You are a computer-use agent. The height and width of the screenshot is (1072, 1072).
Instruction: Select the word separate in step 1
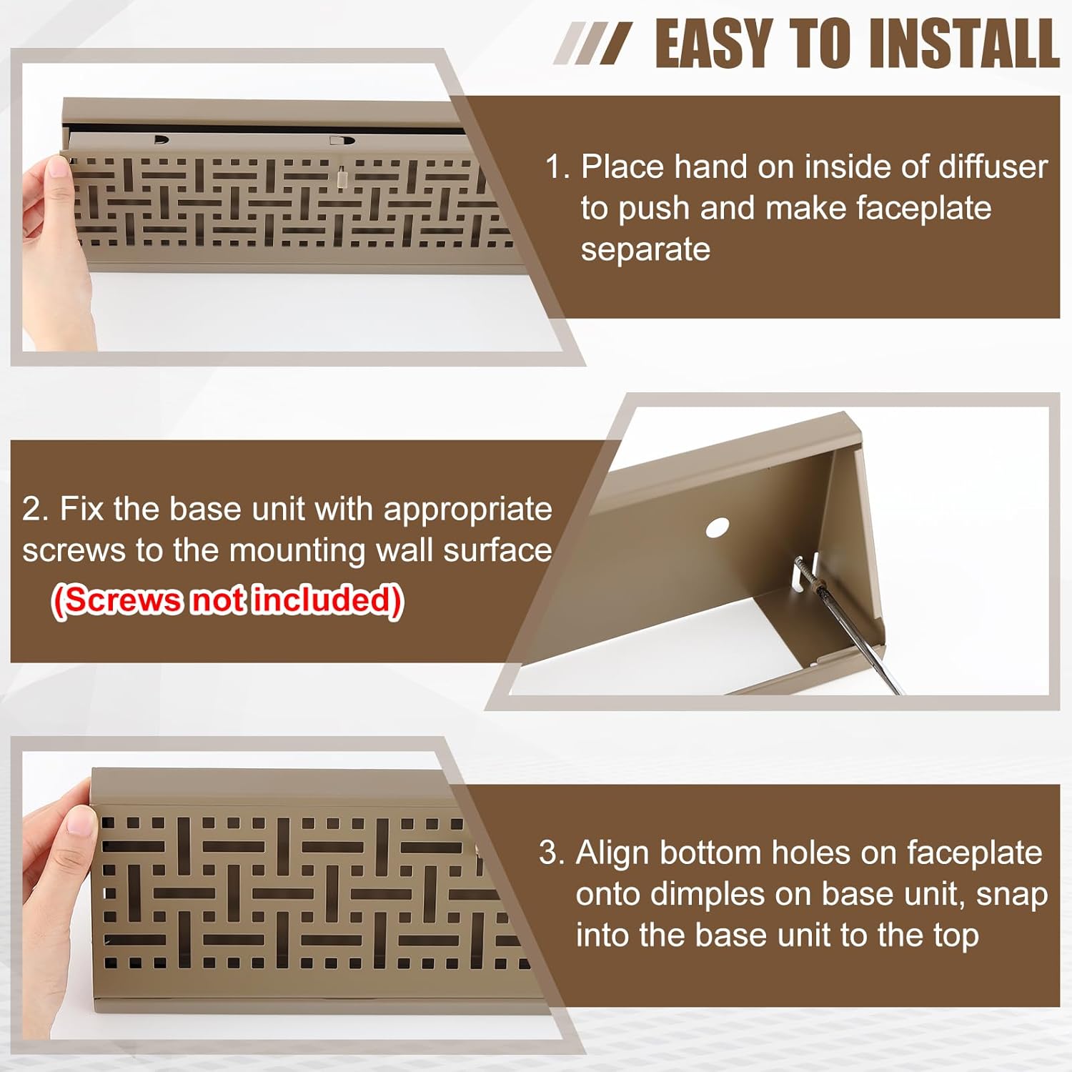pyautogui.click(x=645, y=249)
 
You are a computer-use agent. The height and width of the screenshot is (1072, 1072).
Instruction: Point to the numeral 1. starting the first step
pyautogui.click(x=557, y=167)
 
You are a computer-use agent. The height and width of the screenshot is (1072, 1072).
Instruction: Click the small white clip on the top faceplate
pyautogui.click(x=342, y=174)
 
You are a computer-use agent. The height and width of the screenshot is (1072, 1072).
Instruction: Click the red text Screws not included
pyautogui.click(x=228, y=600)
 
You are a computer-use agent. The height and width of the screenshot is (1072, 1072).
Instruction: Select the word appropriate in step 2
pyautogui.click(x=467, y=509)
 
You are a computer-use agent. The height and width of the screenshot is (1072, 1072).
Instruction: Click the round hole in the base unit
pyautogui.click(x=717, y=529)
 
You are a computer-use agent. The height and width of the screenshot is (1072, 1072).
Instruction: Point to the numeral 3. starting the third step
pyautogui.click(x=552, y=853)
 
